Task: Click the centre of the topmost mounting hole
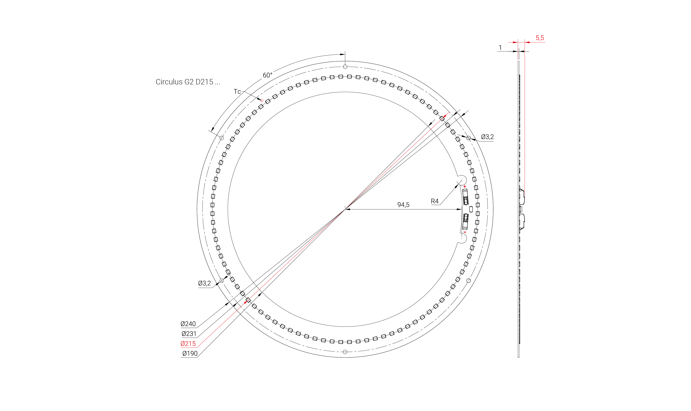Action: pyautogui.click(x=345, y=67)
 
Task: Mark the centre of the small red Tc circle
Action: pyautogui.click(x=262, y=101)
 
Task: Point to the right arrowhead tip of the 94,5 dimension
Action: pyautogui.click(x=461, y=209)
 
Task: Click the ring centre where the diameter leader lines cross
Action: pyautogui.click(x=345, y=209)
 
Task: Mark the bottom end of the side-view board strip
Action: pyautogui.click(x=518, y=357)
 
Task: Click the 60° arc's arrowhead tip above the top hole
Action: pyautogui.click(x=345, y=54)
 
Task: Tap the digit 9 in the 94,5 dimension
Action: pyautogui.click(x=399, y=205)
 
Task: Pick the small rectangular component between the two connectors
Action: pyautogui.click(x=471, y=209)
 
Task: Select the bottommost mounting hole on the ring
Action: pyautogui.click(x=345, y=352)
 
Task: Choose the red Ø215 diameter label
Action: pyautogui.click(x=188, y=344)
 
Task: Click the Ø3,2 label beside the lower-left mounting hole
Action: pyautogui.click(x=205, y=283)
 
